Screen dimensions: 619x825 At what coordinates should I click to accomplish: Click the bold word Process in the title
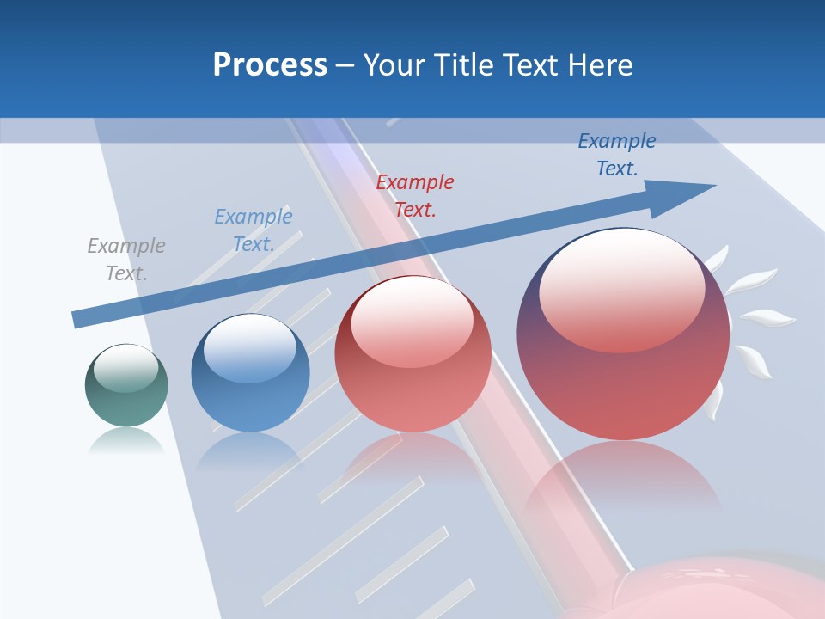coord(270,65)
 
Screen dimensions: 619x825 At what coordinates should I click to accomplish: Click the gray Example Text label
coord(126,260)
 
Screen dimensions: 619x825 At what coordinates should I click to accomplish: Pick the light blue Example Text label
coord(253,230)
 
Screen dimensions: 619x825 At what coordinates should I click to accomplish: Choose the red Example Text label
coord(415,195)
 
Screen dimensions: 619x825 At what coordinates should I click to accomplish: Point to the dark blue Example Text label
coord(617,155)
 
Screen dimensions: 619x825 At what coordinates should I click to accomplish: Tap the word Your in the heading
coord(394,65)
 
